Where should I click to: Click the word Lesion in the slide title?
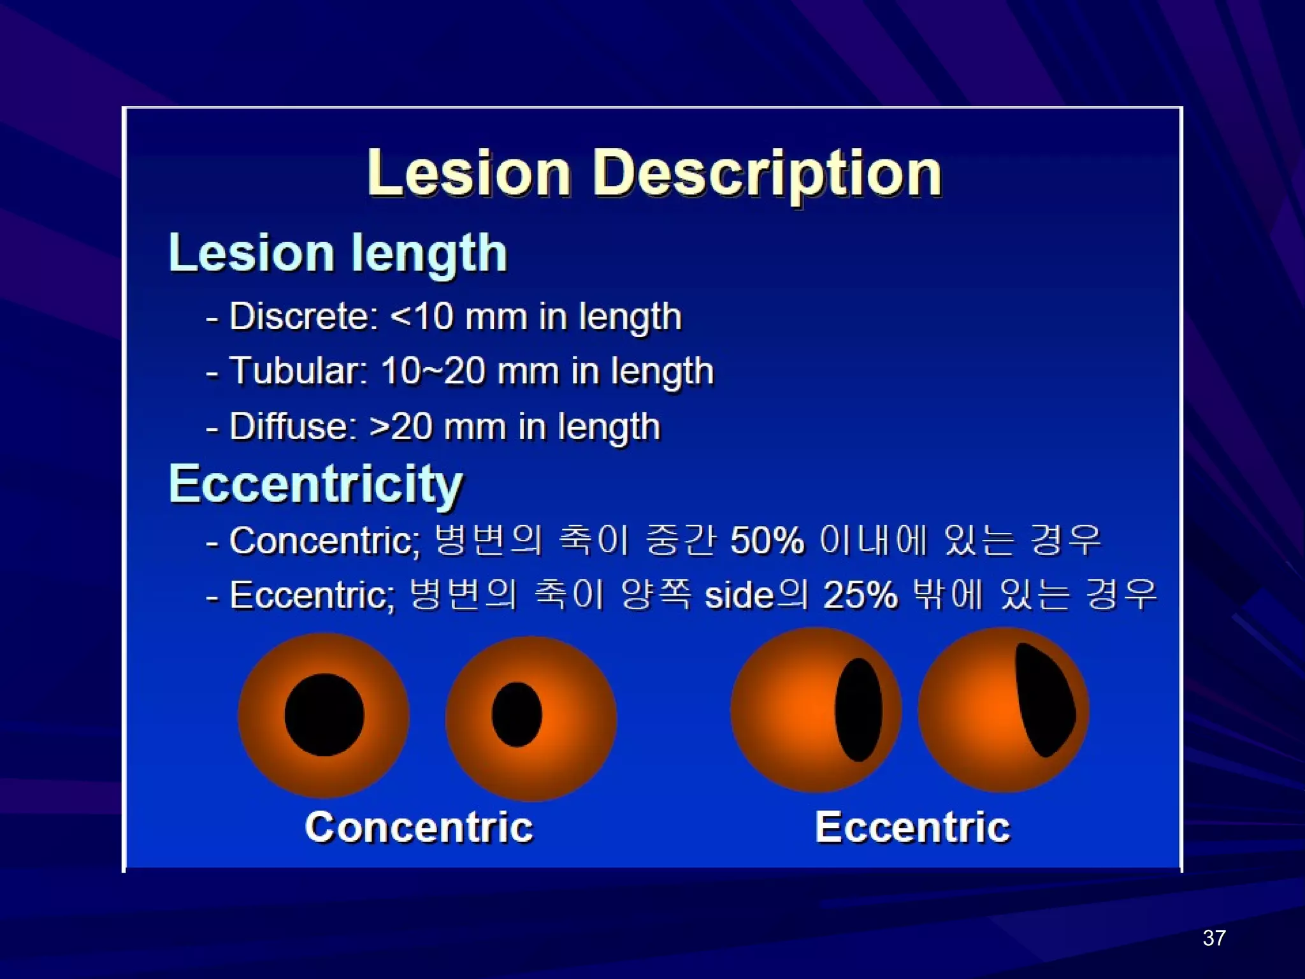pyautogui.click(x=468, y=173)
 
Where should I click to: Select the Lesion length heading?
pyautogui.click(x=338, y=253)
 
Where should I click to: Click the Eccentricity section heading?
pyautogui.click(x=316, y=484)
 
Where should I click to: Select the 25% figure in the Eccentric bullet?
pyautogui.click(x=860, y=595)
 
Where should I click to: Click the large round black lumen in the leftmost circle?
pyautogui.click(x=324, y=714)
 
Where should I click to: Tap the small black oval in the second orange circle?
pyautogui.click(x=517, y=714)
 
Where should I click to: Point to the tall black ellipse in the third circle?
pyautogui.click(x=858, y=709)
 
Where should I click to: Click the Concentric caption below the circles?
pyautogui.click(x=419, y=827)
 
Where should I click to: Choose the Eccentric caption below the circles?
pyautogui.click(x=912, y=827)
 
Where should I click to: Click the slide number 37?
pyautogui.click(x=1214, y=938)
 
